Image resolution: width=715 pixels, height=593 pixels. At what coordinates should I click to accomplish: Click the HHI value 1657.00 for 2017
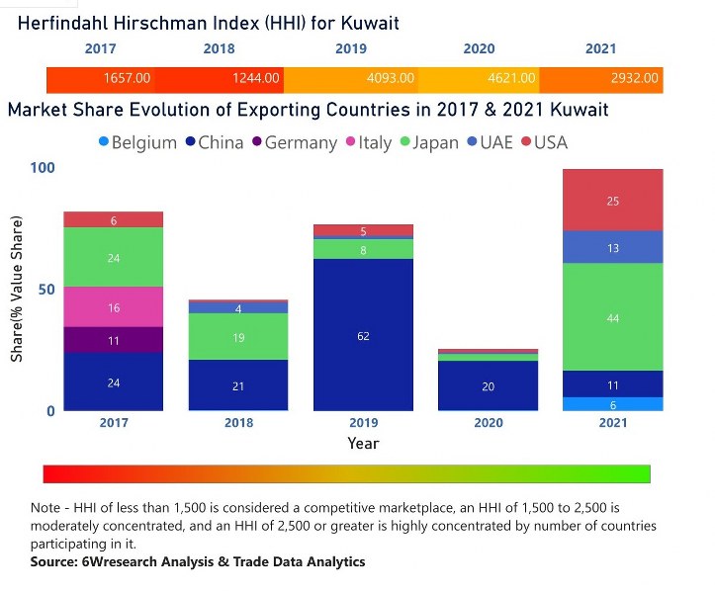(127, 78)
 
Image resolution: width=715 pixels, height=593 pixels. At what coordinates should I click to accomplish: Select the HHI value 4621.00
(514, 78)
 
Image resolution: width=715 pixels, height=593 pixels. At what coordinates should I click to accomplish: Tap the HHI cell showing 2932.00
(635, 78)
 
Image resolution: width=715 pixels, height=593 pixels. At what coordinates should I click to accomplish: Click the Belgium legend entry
(136, 142)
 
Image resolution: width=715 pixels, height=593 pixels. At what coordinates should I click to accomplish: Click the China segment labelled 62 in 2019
(363, 336)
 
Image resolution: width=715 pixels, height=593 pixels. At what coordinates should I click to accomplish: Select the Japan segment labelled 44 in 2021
(613, 317)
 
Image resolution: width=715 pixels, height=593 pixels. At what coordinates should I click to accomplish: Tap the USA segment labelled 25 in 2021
(613, 201)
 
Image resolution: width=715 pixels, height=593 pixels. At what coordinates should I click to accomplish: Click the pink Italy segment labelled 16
(114, 307)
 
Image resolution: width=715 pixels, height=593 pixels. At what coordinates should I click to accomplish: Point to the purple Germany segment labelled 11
(114, 340)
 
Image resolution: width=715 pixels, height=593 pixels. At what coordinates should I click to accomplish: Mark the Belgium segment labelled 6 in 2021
(613, 404)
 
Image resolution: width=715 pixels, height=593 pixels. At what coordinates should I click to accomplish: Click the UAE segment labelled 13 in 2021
(613, 247)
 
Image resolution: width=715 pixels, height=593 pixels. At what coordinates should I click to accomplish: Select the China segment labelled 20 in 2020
(489, 386)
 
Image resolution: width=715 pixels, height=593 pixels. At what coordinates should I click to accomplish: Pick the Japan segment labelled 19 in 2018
(238, 337)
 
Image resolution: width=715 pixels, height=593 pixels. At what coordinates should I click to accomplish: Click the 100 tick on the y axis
(42, 168)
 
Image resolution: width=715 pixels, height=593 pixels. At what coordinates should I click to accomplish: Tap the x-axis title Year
(363, 444)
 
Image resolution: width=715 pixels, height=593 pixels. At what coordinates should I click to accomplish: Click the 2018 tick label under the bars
(238, 423)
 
